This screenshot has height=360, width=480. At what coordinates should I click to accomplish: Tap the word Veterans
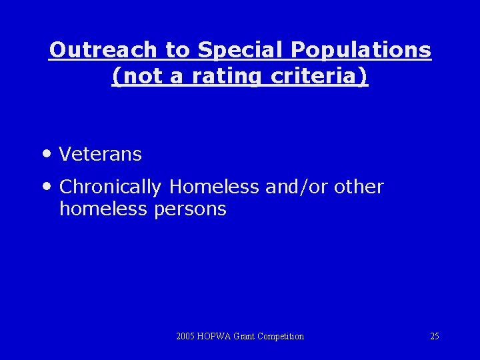[101, 154]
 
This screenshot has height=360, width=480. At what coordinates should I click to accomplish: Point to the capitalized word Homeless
[213, 187]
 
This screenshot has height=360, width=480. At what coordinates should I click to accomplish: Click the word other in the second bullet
[359, 187]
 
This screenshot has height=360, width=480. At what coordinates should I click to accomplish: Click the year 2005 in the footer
[186, 336]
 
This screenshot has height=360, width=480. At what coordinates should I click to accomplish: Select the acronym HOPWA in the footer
[215, 336]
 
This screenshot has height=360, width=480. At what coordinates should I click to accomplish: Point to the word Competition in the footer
[281, 336]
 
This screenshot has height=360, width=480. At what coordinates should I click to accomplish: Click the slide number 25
[435, 336]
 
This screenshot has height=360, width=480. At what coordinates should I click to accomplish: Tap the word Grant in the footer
[245, 336]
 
